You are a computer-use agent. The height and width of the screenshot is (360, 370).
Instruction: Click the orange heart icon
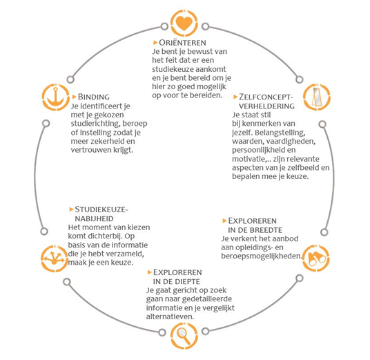click(x=184, y=23)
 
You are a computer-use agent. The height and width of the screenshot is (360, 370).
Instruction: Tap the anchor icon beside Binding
click(x=55, y=97)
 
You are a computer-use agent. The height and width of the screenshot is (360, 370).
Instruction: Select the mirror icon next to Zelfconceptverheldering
click(x=317, y=97)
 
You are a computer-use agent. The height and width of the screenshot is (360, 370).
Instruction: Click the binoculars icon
click(x=316, y=258)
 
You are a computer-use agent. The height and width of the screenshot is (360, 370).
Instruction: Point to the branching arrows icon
click(x=55, y=258)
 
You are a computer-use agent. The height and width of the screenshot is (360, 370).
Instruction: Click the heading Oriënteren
click(x=182, y=43)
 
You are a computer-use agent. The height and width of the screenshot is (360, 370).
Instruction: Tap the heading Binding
click(x=94, y=97)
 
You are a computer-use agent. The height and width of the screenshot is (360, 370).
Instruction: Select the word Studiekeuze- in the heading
click(x=101, y=209)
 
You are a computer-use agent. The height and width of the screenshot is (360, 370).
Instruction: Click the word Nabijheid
click(x=94, y=219)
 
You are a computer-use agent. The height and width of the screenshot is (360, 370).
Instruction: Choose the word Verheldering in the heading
click(x=266, y=106)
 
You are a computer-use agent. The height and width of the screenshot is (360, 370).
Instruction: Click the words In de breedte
click(x=255, y=230)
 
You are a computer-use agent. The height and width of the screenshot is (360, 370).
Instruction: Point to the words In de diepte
click(x=177, y=282)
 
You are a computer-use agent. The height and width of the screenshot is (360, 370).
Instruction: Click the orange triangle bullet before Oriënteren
click(x=155, y=43)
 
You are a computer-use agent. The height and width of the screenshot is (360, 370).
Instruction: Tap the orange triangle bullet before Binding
click(x=74, y=97)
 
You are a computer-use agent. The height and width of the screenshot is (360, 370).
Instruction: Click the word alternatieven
click(x=170, y=316)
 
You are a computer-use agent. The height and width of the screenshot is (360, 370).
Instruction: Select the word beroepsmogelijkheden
click(x=262, y=256)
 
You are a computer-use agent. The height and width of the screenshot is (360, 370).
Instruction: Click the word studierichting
click(x=95, y=124)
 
